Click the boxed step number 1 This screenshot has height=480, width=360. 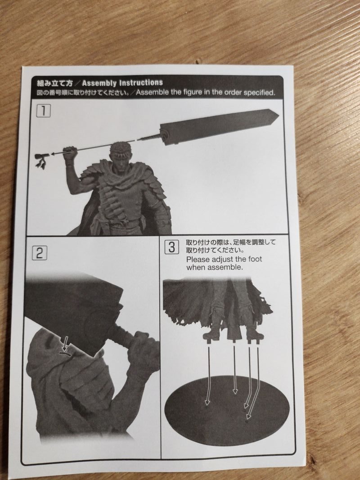point(43,111)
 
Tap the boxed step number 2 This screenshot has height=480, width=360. point(40,253)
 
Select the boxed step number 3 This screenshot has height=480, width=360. point(172,247)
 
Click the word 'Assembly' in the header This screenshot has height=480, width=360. point(99,83)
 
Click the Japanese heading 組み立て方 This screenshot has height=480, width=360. point(55,83)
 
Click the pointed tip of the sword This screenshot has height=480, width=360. point(278,115)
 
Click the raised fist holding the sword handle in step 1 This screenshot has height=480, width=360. point(70,152)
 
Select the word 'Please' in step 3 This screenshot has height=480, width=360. point(198,259)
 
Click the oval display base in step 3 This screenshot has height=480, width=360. point(226,411)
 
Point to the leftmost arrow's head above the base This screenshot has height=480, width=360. point(207,402)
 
